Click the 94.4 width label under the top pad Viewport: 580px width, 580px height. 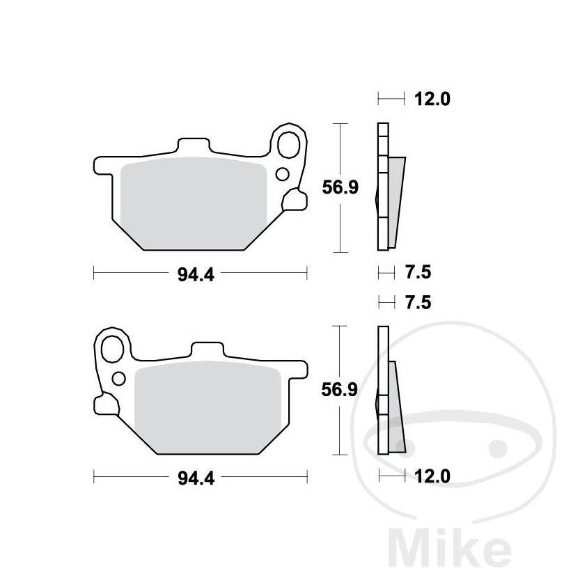pos(196,275)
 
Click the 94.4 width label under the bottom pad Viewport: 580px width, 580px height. pos(196,478)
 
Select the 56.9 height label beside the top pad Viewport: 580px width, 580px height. pos(340,187)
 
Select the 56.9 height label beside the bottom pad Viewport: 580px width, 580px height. pos(340,390)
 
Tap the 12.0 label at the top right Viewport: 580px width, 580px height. pos(432,99)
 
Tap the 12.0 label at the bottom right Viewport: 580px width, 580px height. pos(432,476)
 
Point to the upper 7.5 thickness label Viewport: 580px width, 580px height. pos(418,273)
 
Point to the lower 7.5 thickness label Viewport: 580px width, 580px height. pos(418,303)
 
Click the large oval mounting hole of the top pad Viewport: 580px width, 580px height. pos(288,145)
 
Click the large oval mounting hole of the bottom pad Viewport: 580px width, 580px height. pos(112,350)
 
